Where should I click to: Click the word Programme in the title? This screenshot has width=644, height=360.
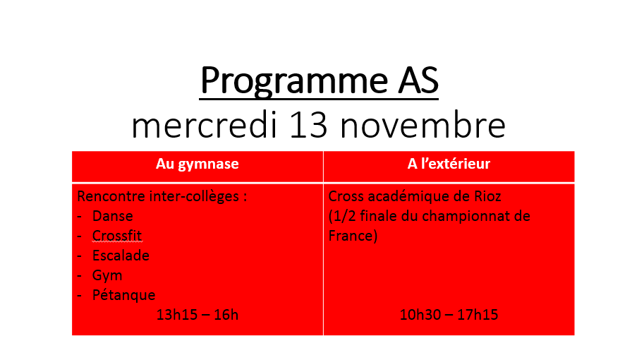click(294, 81)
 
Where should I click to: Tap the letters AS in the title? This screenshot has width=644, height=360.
click(418, 80)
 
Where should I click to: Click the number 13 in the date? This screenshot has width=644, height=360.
click(308, 126)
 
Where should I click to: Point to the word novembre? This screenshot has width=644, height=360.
click(423, 125)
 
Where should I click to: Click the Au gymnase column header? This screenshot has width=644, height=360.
click(197, 164)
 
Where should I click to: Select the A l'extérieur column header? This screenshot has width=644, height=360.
click(449, 164)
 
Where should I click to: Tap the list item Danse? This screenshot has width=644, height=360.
click(113, 216)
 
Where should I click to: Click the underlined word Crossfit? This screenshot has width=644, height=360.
click(117, 236)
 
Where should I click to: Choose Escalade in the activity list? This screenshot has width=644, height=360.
click(121, 256)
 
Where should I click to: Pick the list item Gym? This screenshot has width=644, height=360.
click(107, 275)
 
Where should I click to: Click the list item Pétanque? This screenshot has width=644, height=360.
click(123, 295)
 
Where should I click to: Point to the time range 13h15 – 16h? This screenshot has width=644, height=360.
click(197, 315)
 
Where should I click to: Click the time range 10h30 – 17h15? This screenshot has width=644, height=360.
click(449, 315)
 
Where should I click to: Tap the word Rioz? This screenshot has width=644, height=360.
click(487, 196)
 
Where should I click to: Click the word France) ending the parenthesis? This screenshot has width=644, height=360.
click(353, 236)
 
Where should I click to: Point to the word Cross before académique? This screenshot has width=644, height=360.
click(346, 196)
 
